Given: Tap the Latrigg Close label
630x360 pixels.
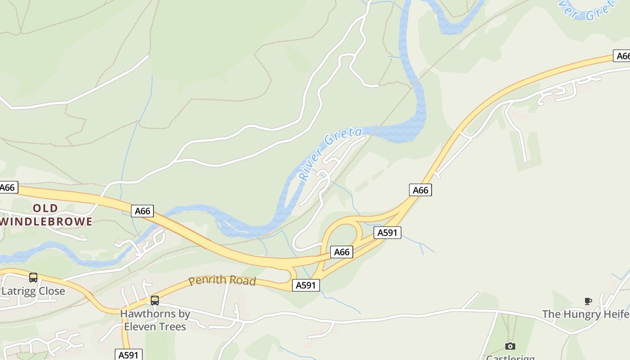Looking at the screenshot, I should click(33, 291).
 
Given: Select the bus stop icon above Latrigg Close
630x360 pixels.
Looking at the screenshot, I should click(33, 278).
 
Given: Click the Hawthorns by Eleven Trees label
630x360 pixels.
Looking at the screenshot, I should click(155, 320).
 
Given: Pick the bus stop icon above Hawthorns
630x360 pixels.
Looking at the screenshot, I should click(155, 300).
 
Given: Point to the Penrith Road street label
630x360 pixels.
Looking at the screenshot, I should click(222, 280).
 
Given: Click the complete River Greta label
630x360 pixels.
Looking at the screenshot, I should click(331, 154).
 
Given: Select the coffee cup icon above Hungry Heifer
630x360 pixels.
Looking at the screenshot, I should click(588, 301).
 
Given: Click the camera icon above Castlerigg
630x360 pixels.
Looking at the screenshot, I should click(510, 346).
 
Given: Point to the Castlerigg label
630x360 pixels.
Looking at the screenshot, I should click(510, 357).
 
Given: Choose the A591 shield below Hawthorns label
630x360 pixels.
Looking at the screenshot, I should click(129, 355).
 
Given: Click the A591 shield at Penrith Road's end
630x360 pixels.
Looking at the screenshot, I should click(306, 285).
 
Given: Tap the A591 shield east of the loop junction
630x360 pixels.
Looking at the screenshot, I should click(387, 233).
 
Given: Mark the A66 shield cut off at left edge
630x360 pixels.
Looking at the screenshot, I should click(8, 187).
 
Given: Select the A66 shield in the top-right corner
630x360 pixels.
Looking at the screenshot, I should click(622, 56).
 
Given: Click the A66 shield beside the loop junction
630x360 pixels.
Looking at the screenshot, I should click(342, 252).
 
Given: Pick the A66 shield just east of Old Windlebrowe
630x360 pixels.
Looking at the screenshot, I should click(142, 211).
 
